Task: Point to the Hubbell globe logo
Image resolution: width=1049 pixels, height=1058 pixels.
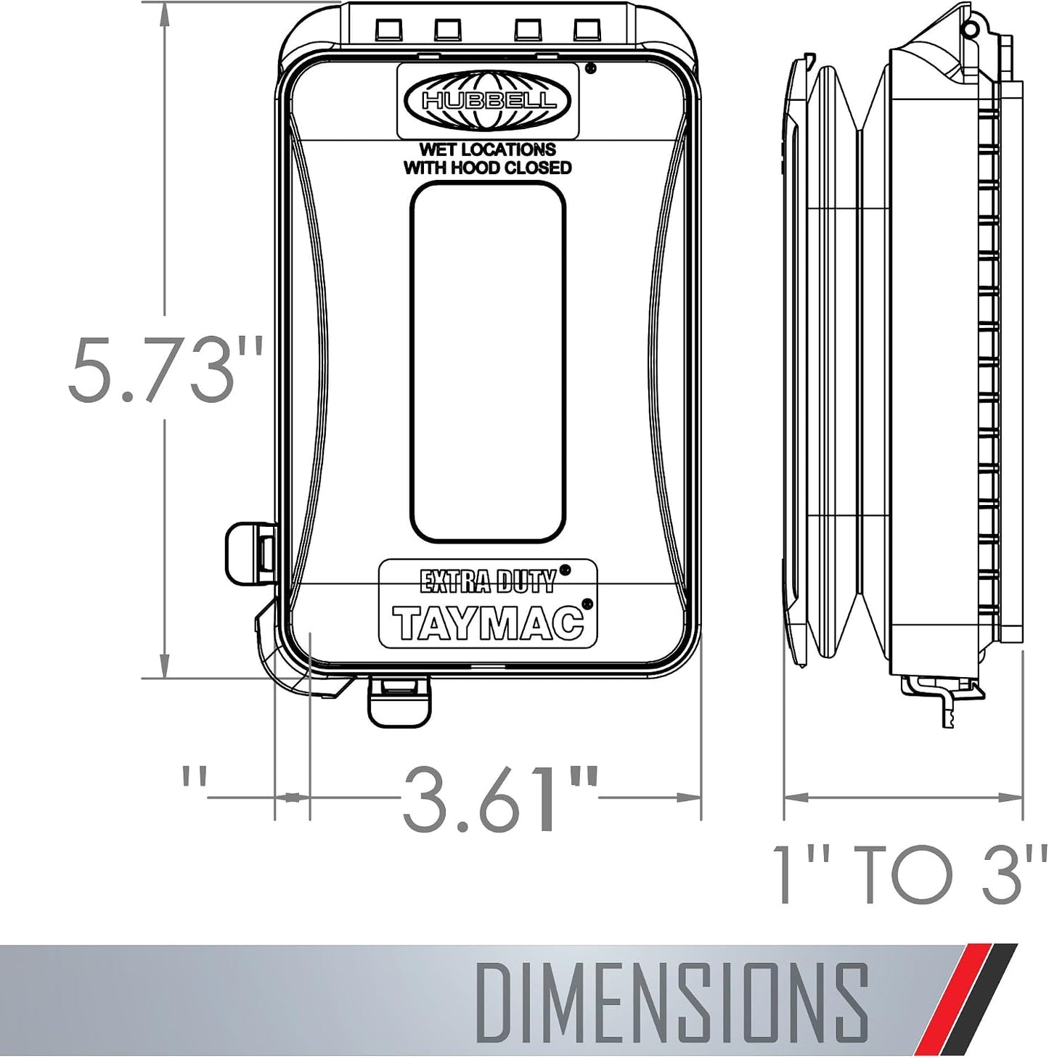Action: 487,101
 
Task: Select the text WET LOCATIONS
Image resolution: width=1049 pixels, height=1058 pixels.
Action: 487,149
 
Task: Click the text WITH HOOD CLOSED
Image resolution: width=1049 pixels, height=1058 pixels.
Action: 487,168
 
